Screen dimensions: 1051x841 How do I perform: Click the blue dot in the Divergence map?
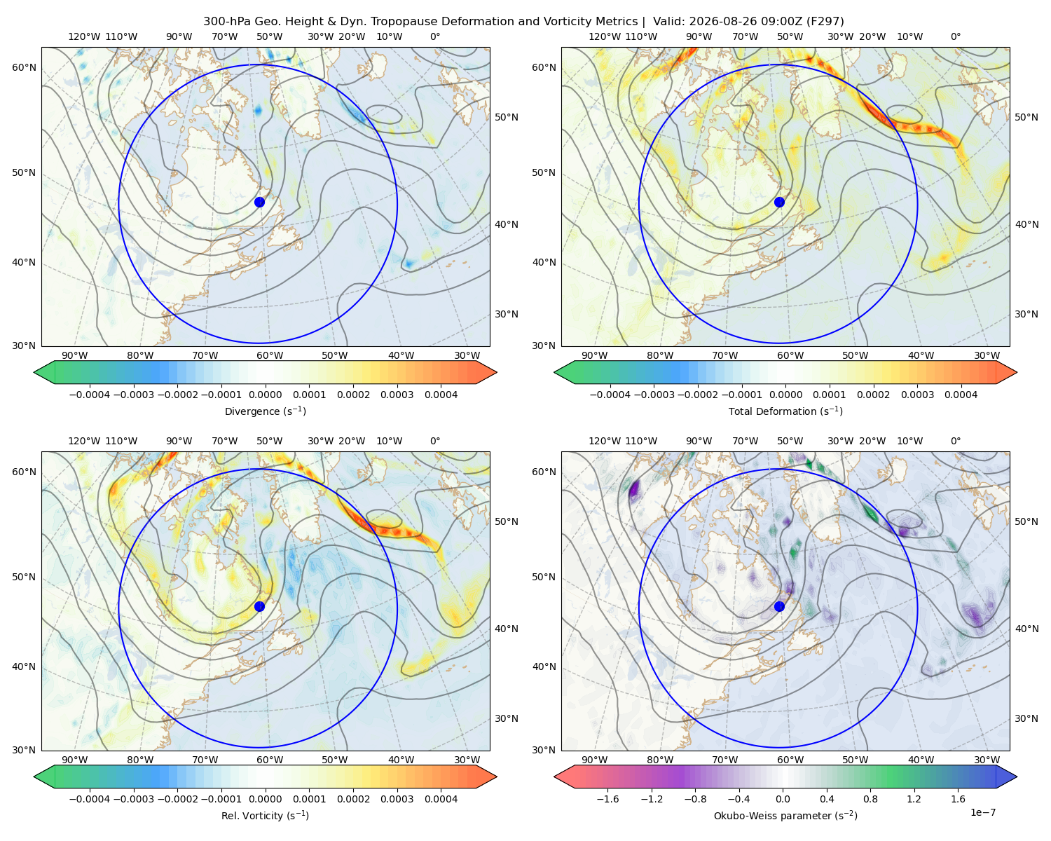259,202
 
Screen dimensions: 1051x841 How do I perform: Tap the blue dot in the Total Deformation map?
779,202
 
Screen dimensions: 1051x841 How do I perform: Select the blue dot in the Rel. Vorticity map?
259,606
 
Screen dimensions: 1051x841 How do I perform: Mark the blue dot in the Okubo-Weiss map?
779,606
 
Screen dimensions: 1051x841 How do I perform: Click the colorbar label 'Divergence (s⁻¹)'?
265,411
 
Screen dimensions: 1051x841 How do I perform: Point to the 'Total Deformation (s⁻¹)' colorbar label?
785,411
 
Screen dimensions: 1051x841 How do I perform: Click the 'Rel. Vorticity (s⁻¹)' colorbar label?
265,815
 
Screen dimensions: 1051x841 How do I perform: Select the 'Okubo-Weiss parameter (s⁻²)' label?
785,815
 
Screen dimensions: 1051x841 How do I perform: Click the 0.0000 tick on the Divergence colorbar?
265,395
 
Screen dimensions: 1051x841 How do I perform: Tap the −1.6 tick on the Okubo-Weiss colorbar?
607,798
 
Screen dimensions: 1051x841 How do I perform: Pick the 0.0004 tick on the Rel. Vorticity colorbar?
441,798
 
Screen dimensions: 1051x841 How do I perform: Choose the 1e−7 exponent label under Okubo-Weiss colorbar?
982,812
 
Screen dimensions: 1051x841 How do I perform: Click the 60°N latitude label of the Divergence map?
24,67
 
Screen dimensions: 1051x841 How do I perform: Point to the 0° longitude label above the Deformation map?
955,36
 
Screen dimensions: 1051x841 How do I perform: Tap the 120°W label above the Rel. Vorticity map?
84,440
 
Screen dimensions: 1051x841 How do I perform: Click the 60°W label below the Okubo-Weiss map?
790,760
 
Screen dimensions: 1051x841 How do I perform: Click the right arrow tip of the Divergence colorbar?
497,372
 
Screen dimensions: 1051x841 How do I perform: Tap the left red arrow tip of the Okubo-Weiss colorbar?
554,777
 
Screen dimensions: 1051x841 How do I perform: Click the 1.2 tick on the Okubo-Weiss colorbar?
914,798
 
